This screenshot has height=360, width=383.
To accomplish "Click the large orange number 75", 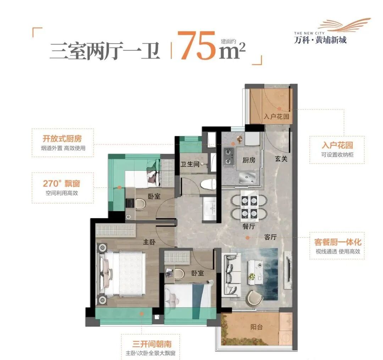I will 196,46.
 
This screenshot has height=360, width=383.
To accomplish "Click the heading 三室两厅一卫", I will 105,51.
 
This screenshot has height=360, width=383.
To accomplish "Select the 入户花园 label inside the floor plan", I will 277,117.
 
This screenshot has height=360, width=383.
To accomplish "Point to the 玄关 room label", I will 281,159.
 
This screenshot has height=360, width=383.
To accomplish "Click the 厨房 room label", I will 249,160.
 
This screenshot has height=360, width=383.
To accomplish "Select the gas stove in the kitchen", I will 229,158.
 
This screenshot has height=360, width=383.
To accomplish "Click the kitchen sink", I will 249,176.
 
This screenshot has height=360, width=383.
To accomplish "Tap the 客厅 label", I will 270,237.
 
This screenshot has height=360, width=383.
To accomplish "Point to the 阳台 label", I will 256,327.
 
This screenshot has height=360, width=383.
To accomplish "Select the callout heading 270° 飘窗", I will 61,184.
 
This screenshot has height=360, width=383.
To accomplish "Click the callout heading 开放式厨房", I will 62,139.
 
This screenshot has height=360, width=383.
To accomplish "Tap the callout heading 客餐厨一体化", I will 338,242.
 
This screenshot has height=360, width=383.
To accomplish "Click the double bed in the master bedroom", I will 124,273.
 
